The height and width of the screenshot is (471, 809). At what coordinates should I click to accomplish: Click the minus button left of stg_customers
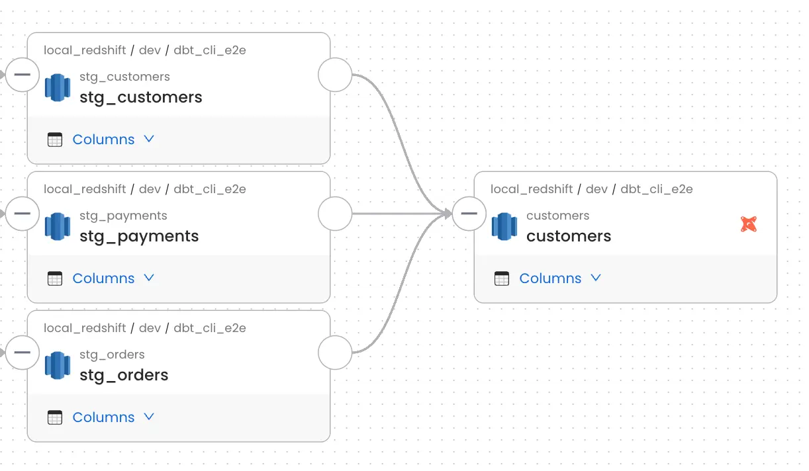point(23,74)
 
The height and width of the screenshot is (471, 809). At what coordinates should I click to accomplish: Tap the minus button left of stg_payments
point(23,213)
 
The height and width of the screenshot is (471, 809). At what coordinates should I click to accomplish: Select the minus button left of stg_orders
point(23,352)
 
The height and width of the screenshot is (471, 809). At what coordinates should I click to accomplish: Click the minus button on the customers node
point(469,213)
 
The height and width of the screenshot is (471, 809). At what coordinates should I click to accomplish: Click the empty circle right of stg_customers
point(335,74)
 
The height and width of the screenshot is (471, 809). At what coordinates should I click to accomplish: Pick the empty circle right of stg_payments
point(335,213)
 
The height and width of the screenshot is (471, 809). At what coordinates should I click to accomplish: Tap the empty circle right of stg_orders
point(335,352)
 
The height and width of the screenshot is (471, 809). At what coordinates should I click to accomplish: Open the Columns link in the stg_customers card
point(103,140)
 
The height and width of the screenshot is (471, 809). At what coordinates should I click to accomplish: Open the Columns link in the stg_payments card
point(103,278)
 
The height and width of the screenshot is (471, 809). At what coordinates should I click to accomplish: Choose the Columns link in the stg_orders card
point(103,417)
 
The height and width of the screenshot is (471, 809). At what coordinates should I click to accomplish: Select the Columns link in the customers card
point(550,278)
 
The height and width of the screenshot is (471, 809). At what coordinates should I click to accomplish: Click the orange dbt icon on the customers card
point(748,224)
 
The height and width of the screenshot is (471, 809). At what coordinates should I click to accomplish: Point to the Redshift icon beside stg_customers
point(58,87)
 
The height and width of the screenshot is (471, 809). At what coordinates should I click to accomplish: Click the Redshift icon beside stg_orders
point(58,365)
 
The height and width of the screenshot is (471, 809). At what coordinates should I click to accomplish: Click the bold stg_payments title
point(139,236)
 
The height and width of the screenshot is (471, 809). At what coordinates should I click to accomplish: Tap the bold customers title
point(569,236)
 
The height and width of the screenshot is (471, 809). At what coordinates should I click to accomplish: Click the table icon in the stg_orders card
point(55,417)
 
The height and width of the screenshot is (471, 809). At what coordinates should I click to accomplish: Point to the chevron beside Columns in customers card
point(596,278)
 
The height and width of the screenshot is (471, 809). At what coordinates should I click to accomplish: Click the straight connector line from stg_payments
point(397,213)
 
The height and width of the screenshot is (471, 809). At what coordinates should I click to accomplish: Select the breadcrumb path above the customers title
point(591,189)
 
